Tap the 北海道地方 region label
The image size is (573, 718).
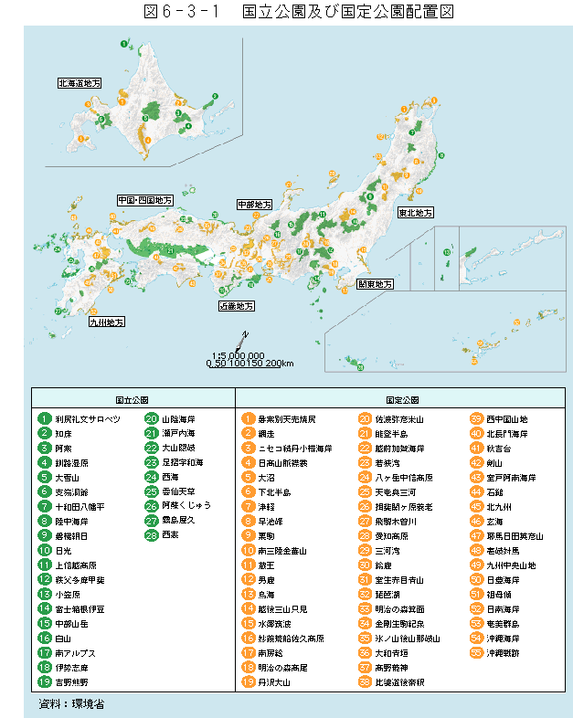tap(80, 83)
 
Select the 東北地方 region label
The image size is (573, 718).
tap(414, 212)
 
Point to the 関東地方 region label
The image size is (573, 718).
tap(375, 284)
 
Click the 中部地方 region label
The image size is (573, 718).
tap(254, 205)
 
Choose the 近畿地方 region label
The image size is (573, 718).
tap(236, 305)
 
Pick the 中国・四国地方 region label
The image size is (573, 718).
tap(144, 199)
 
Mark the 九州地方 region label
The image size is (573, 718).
tap(106, 322)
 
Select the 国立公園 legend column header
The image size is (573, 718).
tap(133, 400)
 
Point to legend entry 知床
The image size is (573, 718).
tap(64, 433)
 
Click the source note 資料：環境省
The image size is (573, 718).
tap(72, 704)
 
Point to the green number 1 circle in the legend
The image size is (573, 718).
tap(44, 418)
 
